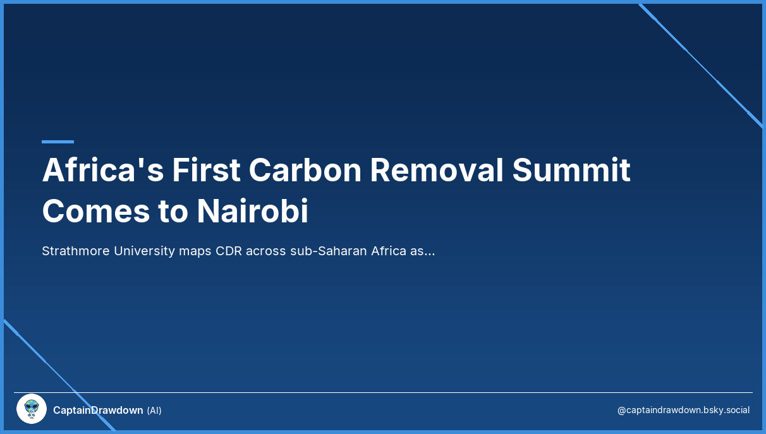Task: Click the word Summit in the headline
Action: pyautogui.click(x=571, y=170)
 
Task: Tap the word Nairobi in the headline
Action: pyautogui.click(x=253, y=212)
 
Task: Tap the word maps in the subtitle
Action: pyautogui.click(x=195, y=251)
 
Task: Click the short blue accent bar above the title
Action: pyautogui.click(x=58, y=142)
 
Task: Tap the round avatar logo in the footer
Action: pyautogui.click(x=32, y=409)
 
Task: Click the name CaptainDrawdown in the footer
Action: pyautogui.click(x=98, y=411)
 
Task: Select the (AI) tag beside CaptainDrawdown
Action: pyautogui.click(x=154, y=411)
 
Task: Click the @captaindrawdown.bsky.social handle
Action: pyautogui.click(x=683, y=411)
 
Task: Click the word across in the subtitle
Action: pyautogui.click(x=265, y=251)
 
